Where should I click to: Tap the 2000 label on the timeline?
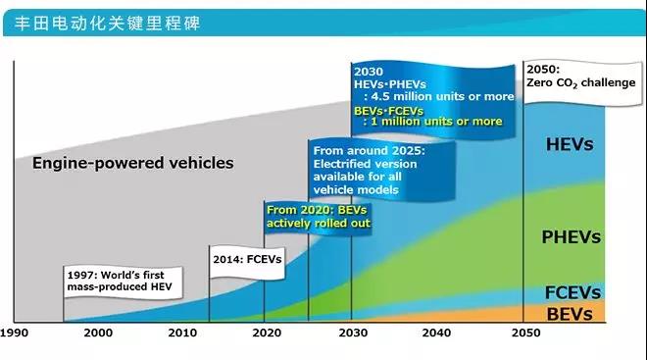tap(99, 334)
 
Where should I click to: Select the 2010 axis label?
tap(181, 334)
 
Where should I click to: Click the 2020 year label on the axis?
tap(265, 334)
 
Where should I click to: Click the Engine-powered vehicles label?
tap(132, 163)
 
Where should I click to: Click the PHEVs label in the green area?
tap(571, 237)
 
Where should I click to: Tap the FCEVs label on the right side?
tap(572, 293)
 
